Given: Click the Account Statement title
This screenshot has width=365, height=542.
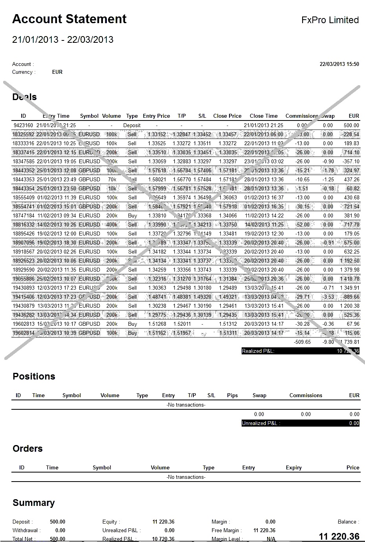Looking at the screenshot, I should (70, 19).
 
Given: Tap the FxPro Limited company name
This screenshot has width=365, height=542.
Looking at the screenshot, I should (330, 20).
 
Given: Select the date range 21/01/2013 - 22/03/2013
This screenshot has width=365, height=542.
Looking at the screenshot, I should (63, 40).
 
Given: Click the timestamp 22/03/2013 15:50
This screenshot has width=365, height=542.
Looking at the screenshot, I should (339, 64).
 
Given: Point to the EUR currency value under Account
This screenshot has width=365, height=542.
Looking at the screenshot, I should (57, 72).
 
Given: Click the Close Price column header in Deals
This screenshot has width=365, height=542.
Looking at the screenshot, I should (227, 116).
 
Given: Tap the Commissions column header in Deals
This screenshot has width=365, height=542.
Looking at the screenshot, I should (301, 116).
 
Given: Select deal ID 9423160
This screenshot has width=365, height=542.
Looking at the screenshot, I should (23, 126).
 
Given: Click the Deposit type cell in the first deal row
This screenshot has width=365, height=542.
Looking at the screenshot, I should (132, 126).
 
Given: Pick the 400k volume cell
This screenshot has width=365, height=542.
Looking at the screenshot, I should (112, 225).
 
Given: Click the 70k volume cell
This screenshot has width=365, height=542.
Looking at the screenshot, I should (112, 180).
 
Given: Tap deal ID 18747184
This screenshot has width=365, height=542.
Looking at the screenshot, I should (24, 216).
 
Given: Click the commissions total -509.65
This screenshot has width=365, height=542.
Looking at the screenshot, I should (302, 342).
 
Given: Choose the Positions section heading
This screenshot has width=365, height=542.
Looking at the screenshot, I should (34, 377).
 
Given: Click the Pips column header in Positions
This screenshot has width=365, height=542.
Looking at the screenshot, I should (232, 396).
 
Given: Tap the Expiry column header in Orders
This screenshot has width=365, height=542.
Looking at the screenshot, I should (293, 468).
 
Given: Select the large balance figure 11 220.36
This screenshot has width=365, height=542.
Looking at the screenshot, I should (339, 537).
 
